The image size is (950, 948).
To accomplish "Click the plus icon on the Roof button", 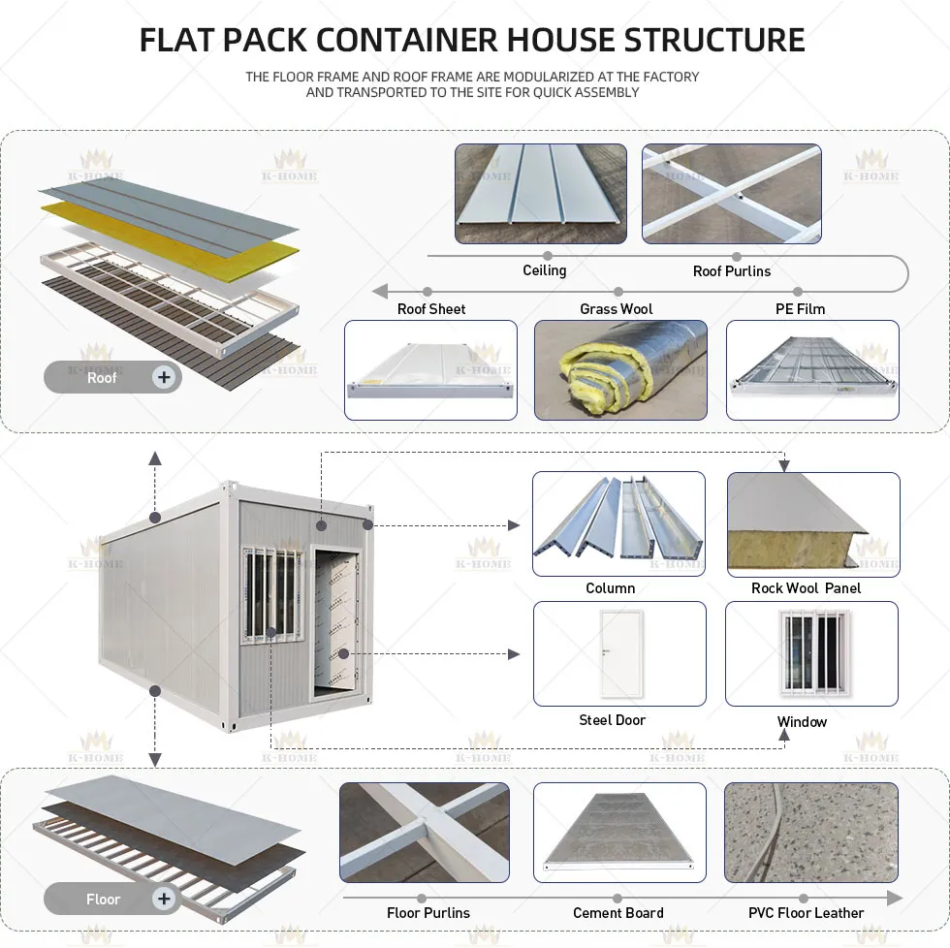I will click(164, 377).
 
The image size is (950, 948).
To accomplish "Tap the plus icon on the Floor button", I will click(164, 899).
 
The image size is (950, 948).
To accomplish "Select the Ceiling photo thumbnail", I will click(543, 194).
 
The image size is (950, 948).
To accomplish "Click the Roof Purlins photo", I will click(731, 194).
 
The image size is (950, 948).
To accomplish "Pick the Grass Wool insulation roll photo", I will click(620, 370).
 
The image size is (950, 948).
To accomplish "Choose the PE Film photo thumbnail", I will click(812, 370).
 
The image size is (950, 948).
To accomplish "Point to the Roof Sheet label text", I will click(431, 309).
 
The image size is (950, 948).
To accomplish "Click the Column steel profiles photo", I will click(618, 523).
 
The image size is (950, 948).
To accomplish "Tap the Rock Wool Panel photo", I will click(812, 523).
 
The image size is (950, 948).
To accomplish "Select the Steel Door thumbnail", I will click(618, 653).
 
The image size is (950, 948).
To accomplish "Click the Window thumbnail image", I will click(812, 653).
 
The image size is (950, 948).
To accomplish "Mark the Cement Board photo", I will click(618, 833).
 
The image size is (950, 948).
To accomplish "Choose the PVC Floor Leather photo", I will click(810, 833).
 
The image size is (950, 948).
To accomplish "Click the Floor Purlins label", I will click(427, 913).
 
